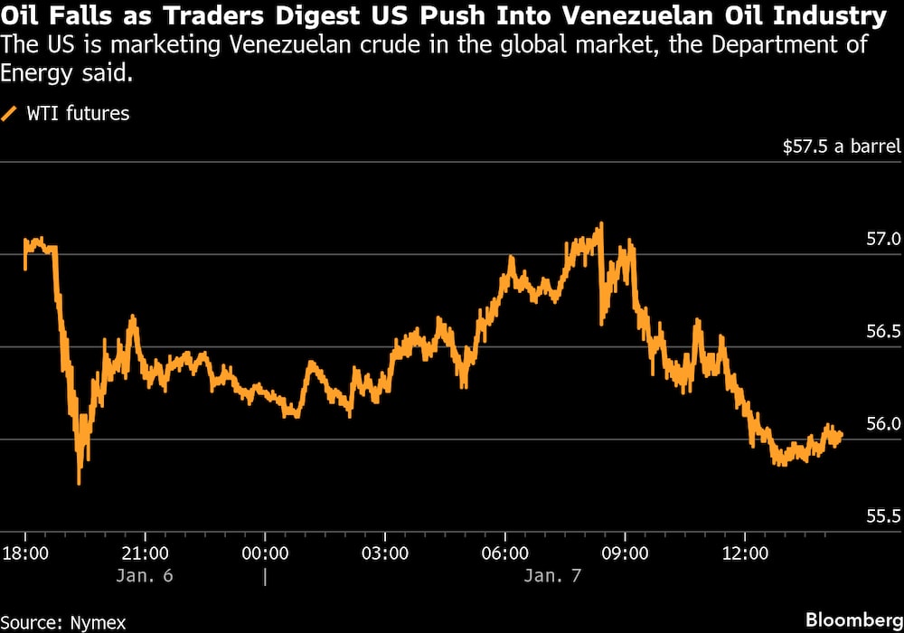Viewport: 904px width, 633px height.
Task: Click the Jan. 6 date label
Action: [145, 576]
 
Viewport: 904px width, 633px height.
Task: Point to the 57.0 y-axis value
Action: [883, 240]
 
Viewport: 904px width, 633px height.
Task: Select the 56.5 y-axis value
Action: [883, 332]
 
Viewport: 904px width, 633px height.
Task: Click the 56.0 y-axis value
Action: [883, 424]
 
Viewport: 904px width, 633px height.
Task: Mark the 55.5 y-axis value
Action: [883, 516]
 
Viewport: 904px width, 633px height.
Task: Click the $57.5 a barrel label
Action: [842, 146]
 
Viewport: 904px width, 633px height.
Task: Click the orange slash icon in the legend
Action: [11, 113]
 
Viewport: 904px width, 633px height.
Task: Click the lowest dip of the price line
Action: [80, 483]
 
